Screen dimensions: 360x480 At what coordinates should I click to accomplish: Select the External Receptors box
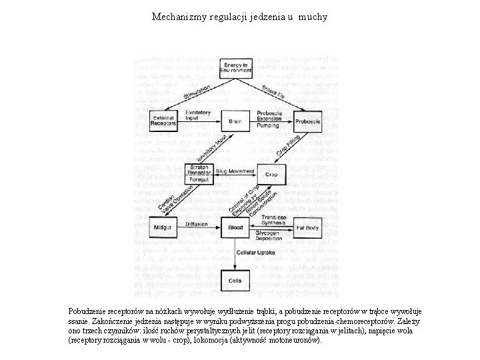(163, 121)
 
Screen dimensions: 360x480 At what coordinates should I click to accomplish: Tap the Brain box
(235, 121)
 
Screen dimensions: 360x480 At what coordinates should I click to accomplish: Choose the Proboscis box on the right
(307, 121)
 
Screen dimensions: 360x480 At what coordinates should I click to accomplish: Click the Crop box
(271, 173)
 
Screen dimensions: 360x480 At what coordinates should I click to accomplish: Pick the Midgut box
(163, 227)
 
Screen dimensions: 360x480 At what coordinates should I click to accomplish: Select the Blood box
(235, 227)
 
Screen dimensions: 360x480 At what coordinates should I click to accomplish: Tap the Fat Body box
(307, 227)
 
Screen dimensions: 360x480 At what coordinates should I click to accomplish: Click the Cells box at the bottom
(235, 281)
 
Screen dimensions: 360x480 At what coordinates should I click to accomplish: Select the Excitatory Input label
(198, 115)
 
